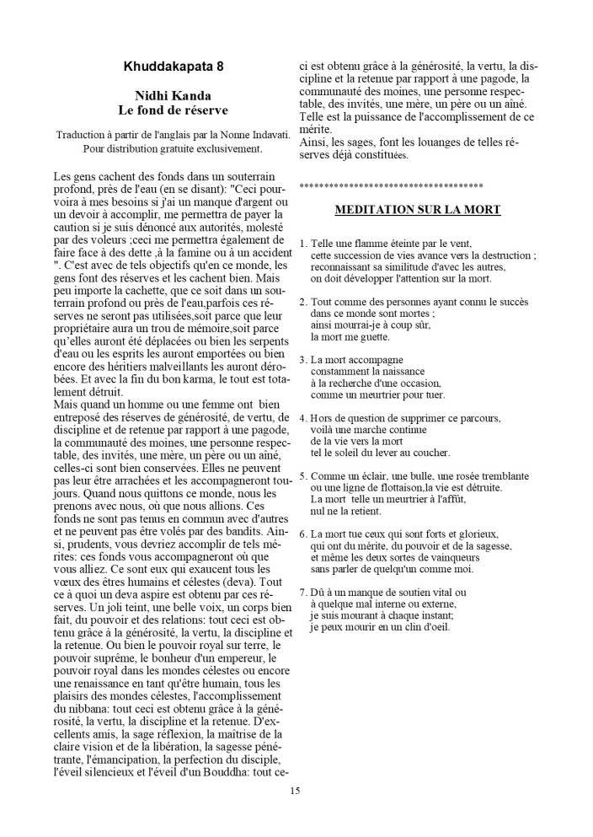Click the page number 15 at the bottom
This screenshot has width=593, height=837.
[294, 790]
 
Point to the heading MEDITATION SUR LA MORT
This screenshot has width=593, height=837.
[418, 209]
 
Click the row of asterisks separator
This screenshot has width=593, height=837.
[391, 184]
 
